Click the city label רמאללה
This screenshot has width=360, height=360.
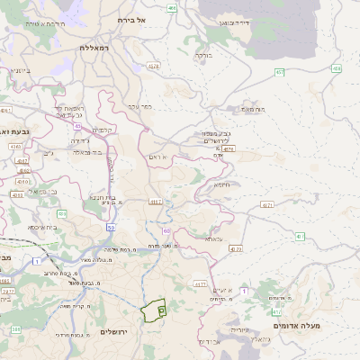pyautogui.click(x=94, y=47)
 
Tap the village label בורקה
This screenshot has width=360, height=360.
pyautogui.click(x=204, y=54)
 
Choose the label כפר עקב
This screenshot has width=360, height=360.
pyautogui.click(x=139, y=105)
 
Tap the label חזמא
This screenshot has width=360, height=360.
pyautogui.click(x=221, y=184)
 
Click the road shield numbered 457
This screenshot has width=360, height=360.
pyautogui.click(x=280, y=72)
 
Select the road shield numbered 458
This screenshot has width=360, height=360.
pyautogui.click(x=336, y=67)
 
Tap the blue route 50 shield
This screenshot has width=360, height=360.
pyautogui.click(x=110, y=229)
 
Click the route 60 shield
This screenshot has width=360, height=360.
pyautogui.click(x=166, y=231)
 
